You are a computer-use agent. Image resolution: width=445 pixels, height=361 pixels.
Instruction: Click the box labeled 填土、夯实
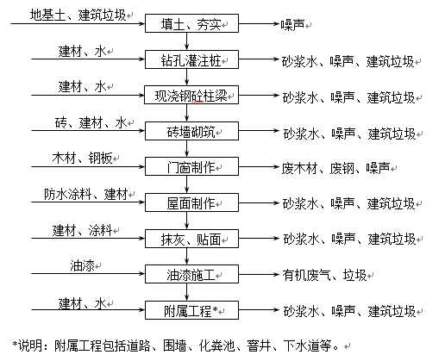tap(191, 23)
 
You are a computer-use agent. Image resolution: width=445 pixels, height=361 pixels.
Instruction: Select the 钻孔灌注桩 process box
tap(191, 59)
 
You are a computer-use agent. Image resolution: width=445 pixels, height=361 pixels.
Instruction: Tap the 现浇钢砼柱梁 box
tap(191, 95)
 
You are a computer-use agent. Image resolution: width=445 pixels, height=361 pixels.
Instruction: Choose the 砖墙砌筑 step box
tap(191, 131)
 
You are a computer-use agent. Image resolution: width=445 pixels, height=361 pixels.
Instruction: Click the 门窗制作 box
tap(191, 166)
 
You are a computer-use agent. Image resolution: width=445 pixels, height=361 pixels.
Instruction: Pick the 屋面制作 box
tap(191, 202)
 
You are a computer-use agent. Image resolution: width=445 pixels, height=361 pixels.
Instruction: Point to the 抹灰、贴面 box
tap(191, 239)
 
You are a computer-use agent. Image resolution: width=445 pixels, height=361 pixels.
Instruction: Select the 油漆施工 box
tap(191, 274)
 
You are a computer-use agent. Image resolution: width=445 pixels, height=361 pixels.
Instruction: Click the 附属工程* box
tap(191, 310)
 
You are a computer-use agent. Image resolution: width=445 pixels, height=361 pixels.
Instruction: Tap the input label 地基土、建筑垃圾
tap(78, 15)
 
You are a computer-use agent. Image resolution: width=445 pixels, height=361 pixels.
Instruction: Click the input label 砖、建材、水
tap(91, 122)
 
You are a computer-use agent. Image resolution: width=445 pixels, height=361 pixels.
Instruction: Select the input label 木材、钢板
tap(82, 158)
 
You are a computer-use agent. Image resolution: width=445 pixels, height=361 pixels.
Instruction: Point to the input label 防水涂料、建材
tap(86, 194)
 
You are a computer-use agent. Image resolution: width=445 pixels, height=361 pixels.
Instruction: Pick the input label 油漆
tap(82, 265)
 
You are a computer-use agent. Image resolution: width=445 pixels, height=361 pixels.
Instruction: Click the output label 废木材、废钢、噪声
tap(335, 168)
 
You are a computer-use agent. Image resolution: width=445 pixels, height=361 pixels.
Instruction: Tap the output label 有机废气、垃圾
tap(324, 275)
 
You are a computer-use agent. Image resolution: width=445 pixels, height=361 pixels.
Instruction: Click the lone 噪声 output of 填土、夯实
tap(292, 25)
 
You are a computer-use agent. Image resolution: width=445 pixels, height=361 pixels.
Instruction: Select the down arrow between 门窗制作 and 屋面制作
tap(187, 184)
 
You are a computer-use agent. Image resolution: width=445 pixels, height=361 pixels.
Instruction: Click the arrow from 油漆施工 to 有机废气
tap(259, 274)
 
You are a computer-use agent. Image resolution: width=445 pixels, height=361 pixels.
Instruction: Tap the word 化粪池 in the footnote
tap(217, 345)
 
